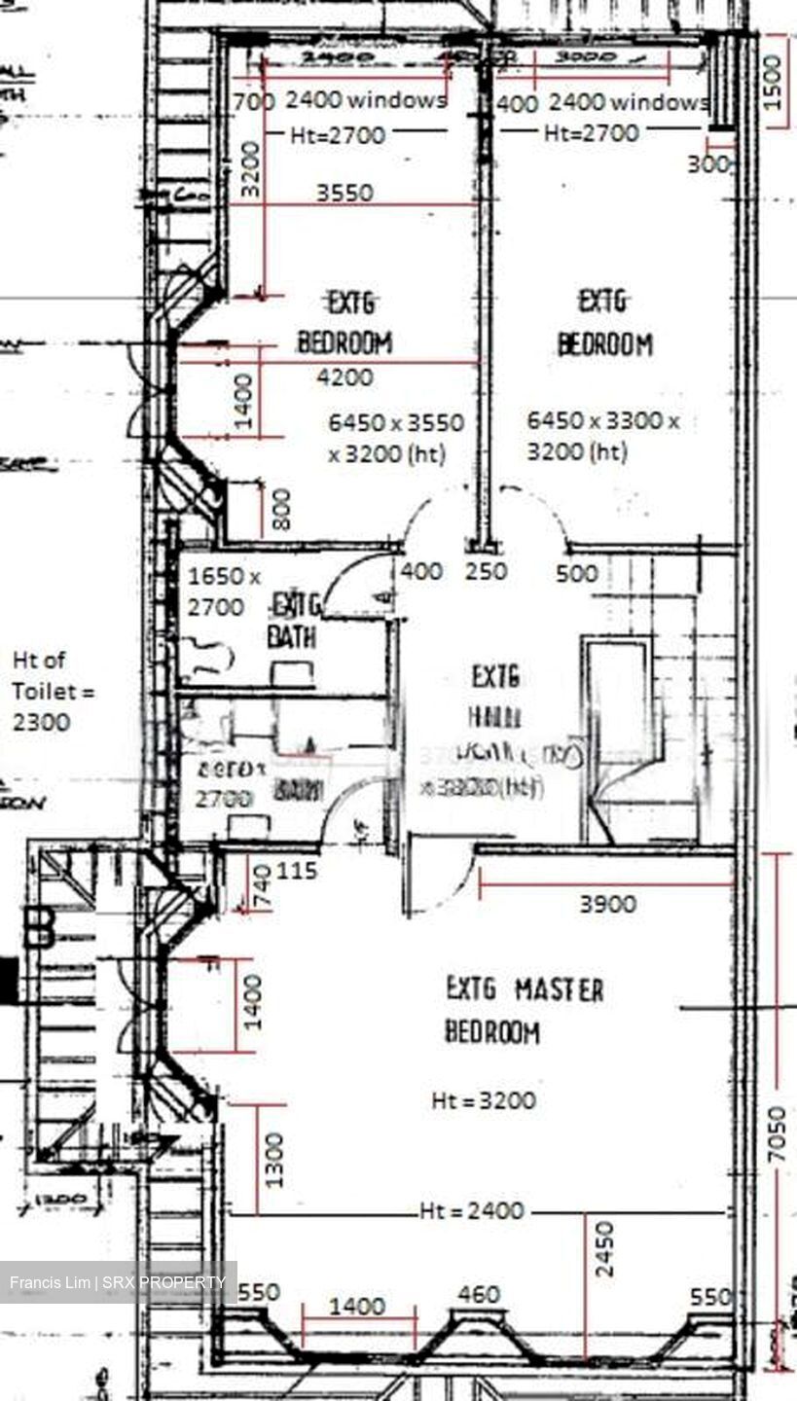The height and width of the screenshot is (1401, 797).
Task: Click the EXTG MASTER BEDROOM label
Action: pos(524,1011)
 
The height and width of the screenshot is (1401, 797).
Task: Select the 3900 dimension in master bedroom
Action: pos(608,904)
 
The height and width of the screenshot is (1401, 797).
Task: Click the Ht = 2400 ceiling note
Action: pos(472,1211)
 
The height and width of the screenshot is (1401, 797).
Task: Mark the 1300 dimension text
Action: pos(275,1159)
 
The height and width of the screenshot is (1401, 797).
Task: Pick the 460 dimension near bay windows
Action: pos(478,1294)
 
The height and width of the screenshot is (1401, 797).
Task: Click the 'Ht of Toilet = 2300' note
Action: pos(41,691)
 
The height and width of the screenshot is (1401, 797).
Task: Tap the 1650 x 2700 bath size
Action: pos(224,592)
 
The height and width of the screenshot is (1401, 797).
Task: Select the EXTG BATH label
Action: pos(296,621)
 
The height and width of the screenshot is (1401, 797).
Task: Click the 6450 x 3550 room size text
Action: pos(396,438)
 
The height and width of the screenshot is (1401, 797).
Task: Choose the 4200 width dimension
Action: pos(346,377)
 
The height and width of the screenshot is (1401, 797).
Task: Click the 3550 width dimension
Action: pos(344,193)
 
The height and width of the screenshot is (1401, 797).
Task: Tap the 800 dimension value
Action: pos(281,509)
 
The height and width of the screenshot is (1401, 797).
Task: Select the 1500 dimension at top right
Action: pos(776,77)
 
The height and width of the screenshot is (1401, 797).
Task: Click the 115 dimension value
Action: pos(297,870)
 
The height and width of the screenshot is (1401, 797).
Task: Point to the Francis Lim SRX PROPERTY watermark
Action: pos(118,1282)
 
